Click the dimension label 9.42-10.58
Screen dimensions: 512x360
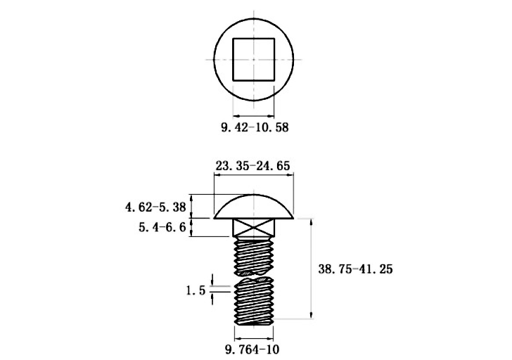click(255, 127)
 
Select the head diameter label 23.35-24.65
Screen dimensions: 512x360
click(252, 166)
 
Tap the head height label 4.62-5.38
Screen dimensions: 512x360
click(155, 207)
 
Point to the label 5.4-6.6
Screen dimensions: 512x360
click(162, 227)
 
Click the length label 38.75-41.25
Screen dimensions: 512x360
click(355, 269)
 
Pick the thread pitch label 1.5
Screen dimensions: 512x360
click(196, 290)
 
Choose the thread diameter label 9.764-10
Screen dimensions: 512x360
click(252, 349)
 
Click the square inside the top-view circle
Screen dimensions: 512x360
click(254, 59)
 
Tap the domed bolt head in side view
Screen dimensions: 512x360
click(254, 206)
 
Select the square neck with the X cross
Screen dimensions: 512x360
click(254, 228)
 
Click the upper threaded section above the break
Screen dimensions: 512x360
click(254, 256)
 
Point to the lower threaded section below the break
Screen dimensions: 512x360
click(254, 301)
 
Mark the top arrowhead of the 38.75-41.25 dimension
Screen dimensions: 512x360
click(311, 222)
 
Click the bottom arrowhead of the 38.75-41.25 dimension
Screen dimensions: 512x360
click(311, 314)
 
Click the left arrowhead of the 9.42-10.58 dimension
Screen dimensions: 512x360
click(237, 115)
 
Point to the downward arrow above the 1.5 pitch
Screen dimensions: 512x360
click(212, 280)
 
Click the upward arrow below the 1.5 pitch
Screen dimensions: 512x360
click(212, 298)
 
